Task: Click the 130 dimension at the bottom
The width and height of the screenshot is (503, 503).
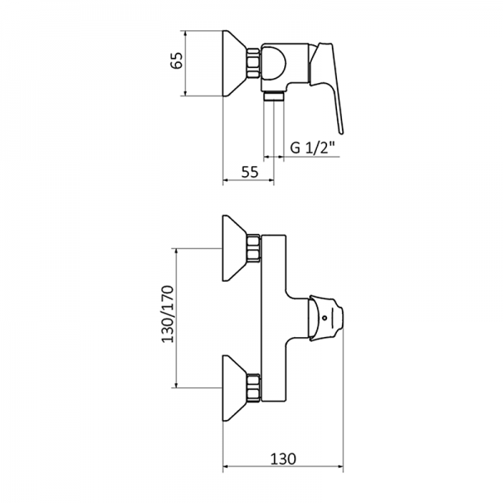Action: tap(283, 459)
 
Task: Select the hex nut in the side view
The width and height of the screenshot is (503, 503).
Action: tap(254, 65)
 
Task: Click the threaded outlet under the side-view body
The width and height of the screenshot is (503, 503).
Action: tap(273, 96)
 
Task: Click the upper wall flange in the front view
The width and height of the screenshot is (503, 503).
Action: tap(234, 250)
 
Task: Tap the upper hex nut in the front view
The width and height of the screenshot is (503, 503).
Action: tap(255, 250)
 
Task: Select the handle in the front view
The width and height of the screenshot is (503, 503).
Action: tap(327, 319)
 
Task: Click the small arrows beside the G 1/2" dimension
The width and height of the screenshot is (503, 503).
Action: tap(273, 156)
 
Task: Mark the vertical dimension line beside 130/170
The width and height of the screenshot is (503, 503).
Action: tap(175, 319)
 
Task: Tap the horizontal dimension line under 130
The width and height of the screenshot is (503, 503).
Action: tap(283, 469)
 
